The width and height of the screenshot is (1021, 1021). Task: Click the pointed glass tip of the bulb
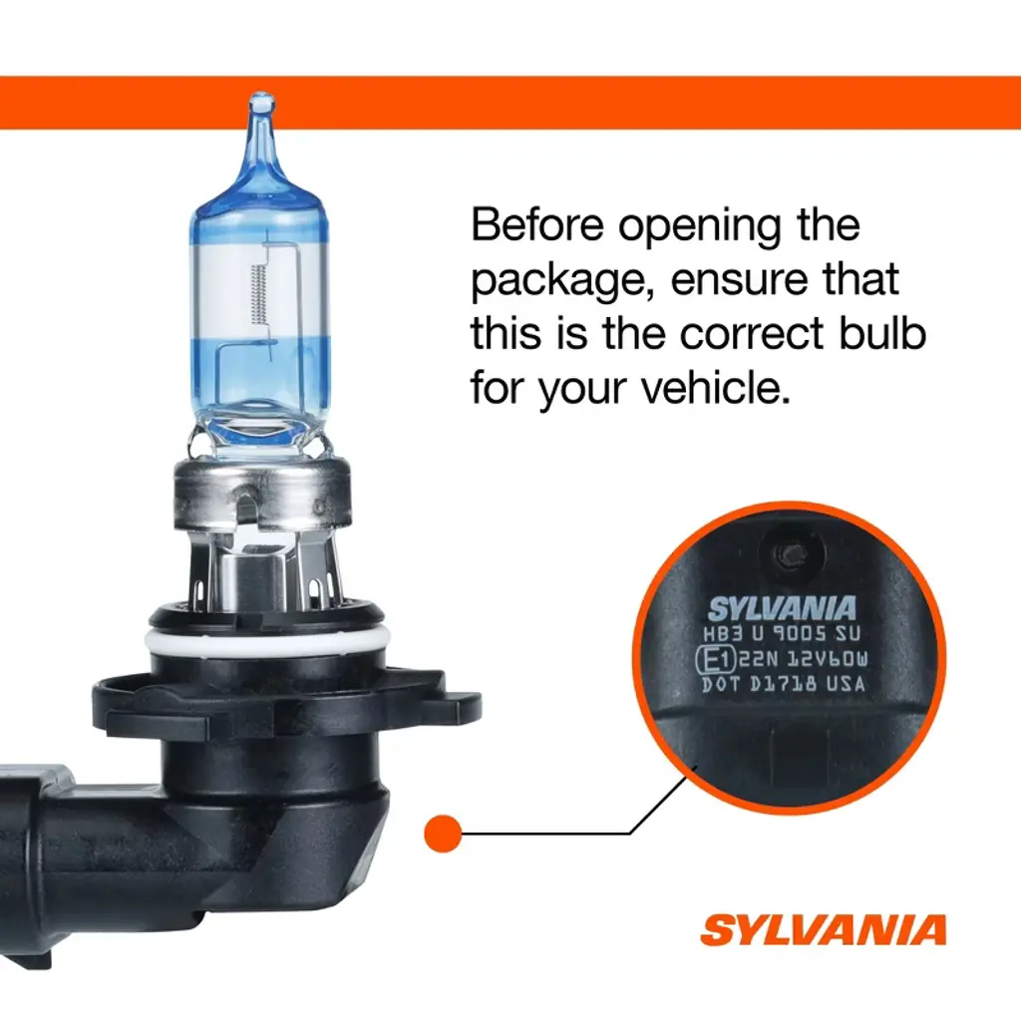(x=262, y=103)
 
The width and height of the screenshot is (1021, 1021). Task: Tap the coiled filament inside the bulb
(x=259, y=294)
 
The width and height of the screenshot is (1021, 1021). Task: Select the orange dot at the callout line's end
(x=443, y=833)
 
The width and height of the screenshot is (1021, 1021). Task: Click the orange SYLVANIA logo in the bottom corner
(x=823, y=930)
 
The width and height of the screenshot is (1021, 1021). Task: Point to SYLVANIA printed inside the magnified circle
(x=782, y=609)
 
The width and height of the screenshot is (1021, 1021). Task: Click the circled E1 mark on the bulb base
(x=716, y=660)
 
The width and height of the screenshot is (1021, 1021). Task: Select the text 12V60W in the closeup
(x=828, y=660)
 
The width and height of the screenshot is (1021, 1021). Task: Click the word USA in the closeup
(x=846, y=684)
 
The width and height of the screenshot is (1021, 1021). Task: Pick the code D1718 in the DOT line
(x=784, y=684)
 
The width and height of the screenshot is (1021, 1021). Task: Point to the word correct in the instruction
(x=752, y=334)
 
